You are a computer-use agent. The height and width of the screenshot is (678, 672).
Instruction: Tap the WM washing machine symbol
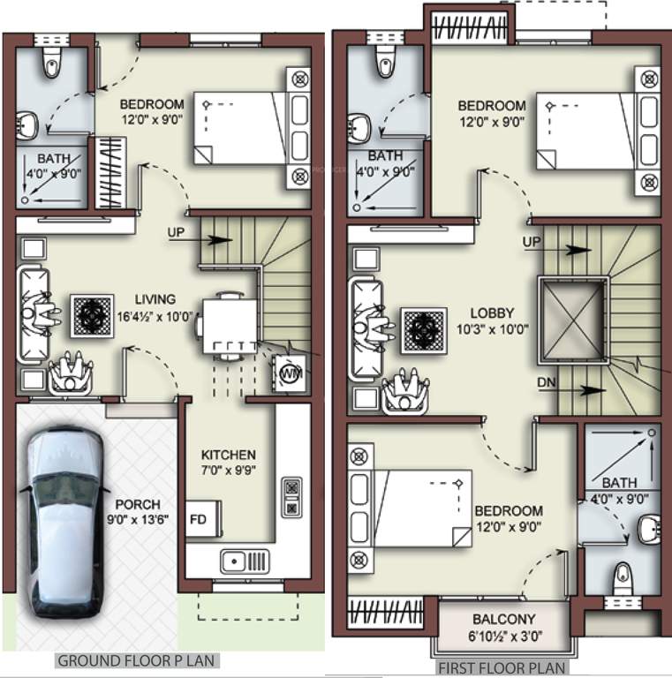pyautogui.click(x=289, y=374)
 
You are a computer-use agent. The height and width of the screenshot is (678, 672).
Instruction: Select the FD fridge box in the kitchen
pyautogui.click(x=199, y=518)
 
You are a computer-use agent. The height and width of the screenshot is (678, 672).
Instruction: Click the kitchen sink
pyautogui.click(x=245, y=560)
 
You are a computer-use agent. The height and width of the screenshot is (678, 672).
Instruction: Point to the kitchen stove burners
pyautogui.click(x=291, y=497)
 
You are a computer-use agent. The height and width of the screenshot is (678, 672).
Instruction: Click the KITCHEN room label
pyautogui.click(x=228, y=455)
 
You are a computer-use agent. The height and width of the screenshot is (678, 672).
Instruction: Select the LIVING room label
pyautogui.click(x=155, y=299)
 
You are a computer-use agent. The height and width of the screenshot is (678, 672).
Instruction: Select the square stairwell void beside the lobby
pyautogui.click(x=573, y=320)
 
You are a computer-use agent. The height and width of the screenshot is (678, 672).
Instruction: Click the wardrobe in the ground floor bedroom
pyautogui.click(x=112, y=172)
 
